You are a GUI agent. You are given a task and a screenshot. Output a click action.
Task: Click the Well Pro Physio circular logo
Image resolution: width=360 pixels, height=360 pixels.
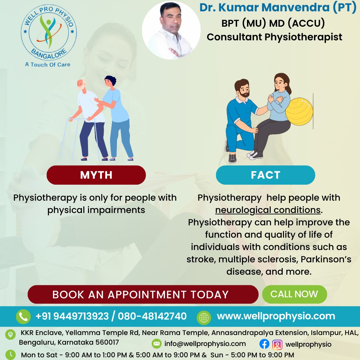[49, 33]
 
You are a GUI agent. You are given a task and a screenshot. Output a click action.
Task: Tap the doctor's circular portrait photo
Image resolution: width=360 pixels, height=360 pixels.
[171, 31]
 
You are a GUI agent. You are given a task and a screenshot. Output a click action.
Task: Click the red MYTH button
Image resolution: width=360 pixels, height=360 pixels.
[96, 175]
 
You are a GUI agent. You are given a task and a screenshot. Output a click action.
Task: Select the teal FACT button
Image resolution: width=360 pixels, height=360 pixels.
[265, 175]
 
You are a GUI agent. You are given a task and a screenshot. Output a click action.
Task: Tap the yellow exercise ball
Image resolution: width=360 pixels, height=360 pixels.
[300, 111]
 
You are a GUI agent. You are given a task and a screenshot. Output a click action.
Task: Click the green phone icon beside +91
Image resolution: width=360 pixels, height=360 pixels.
[23, 316]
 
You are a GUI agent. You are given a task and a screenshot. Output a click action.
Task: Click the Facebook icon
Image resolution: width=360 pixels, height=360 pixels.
[264, 344]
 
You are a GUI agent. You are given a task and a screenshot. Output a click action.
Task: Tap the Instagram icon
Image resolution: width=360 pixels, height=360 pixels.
[277, 344]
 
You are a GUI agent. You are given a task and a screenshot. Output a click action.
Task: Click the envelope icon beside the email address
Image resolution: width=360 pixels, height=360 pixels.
[156, 344]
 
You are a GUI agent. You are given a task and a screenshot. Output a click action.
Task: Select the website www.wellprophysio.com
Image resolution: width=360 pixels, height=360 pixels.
[276, 316]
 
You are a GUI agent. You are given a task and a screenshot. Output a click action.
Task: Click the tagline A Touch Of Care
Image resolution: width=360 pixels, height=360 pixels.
[48, 64]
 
